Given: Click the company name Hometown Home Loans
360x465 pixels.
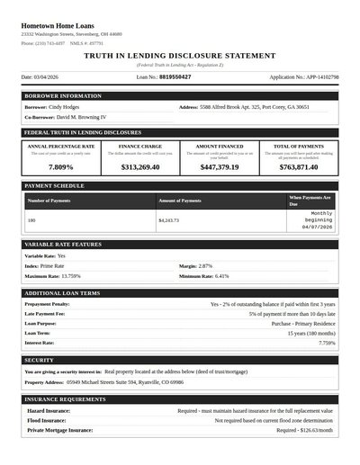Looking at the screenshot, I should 58,26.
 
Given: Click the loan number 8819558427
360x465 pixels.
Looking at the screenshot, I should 175,77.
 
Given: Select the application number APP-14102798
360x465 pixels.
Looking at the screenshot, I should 304,77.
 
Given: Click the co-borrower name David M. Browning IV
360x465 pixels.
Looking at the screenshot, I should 81,117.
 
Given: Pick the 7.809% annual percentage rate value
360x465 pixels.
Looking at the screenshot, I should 60,167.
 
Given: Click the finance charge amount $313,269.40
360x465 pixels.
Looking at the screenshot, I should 139,167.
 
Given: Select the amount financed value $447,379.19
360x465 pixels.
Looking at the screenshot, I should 220,167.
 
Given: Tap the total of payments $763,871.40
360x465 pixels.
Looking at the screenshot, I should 299,167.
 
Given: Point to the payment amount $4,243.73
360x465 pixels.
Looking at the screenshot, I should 168,219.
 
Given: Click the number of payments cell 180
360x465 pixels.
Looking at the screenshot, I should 31,219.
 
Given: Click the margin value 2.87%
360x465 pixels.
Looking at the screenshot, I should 205,266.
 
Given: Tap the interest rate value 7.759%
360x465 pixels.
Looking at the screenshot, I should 326,343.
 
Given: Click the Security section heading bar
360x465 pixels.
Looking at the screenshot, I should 180,360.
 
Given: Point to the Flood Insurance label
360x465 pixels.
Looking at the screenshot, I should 47,420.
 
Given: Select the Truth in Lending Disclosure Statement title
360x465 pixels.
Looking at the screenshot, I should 180,56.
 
